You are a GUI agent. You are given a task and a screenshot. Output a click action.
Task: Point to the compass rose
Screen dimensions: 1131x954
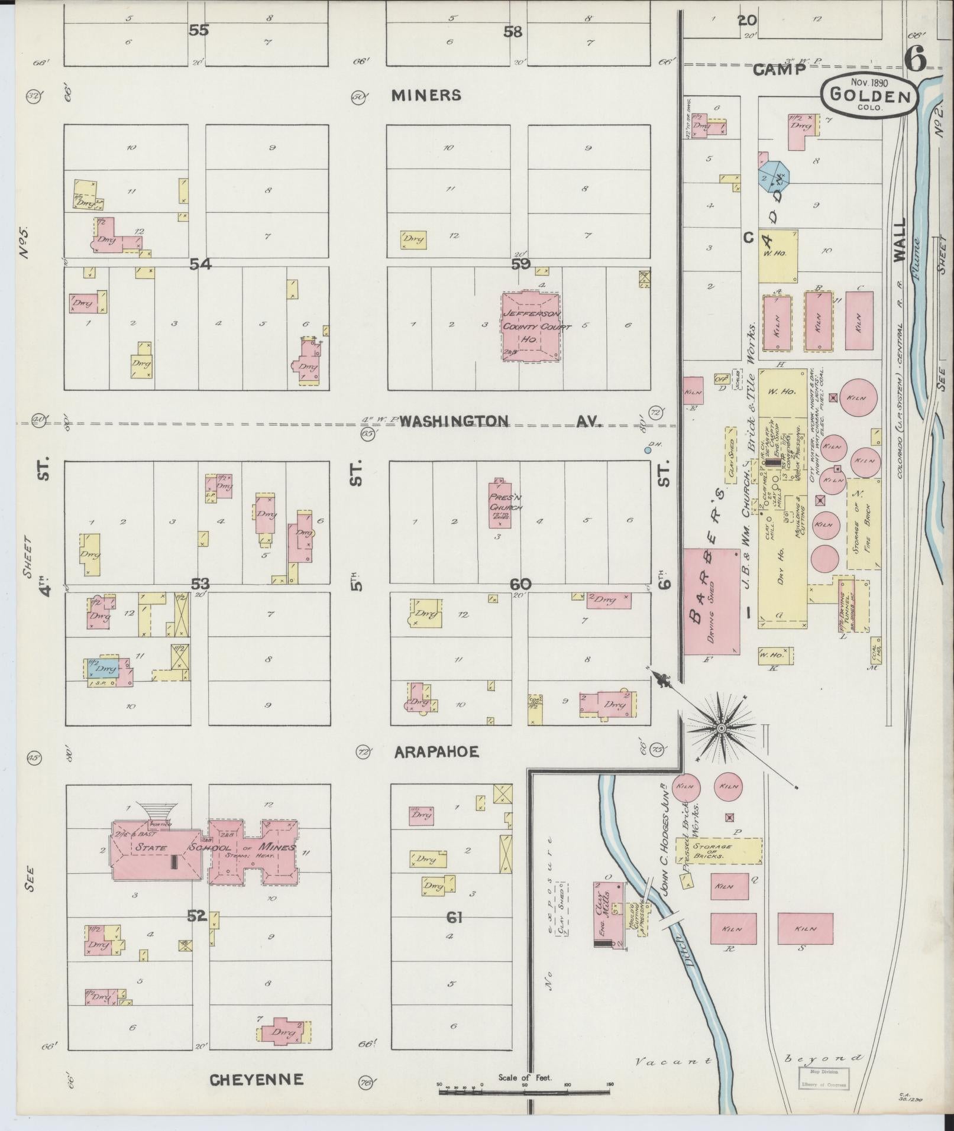[721, 728]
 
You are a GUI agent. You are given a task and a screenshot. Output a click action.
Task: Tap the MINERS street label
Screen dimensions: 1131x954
[426, 95]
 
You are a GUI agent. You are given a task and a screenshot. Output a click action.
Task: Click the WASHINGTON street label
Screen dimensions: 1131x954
[454, 421]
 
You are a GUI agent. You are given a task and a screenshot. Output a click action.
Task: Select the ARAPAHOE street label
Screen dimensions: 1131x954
[436, 752]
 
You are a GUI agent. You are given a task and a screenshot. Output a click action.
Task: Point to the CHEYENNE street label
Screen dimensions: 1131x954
[257, 1080]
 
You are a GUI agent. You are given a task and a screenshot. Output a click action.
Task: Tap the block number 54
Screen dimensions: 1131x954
[200, 264]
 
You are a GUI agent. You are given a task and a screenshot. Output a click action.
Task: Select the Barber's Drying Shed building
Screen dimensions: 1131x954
[712, 601]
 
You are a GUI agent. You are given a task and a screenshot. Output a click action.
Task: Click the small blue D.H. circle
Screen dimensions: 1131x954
[648, 450]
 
